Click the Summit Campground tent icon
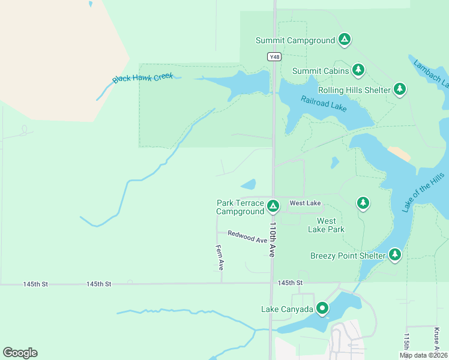tap(344, 40)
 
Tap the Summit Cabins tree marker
tap(358, 71)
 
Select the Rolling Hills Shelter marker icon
tap(400, 90)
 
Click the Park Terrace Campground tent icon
tap(273, 207)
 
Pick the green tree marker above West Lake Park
tap(363, 203)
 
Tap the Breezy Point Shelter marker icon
tap(395, 256)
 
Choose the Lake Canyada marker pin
tap(322, 309)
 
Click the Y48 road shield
tap(274, 56)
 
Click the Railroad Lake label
tap(324, 104)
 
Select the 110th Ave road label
tap(272, 240)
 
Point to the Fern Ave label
tap(220, 256)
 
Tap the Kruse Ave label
tap(436, 338)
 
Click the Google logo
tap(20, 352)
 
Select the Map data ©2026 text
tap(423, 355)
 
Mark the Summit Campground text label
tap(295, 41)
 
